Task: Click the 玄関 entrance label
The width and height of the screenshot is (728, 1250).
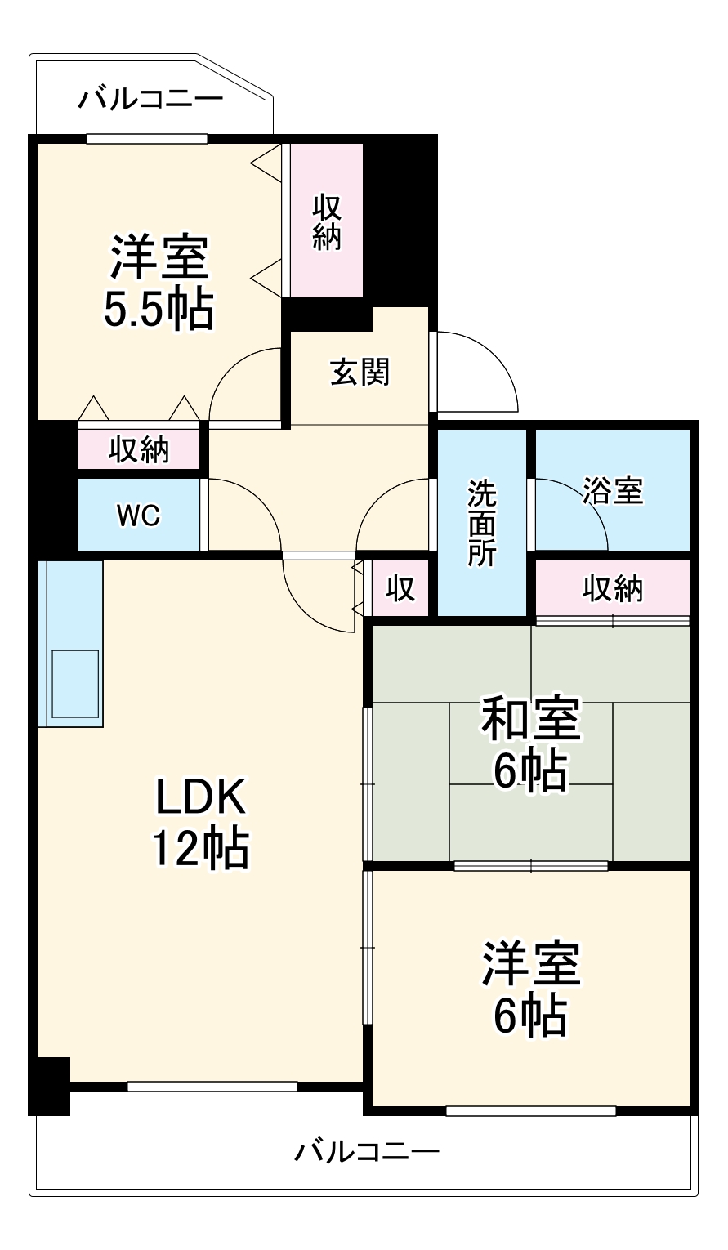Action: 360,373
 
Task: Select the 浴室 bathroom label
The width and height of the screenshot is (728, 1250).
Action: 613,490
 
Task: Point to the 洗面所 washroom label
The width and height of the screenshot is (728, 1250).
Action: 481,523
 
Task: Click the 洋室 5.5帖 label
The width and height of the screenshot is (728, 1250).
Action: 159,282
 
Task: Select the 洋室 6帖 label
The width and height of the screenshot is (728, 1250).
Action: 530,989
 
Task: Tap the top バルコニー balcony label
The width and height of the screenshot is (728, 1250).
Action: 150,100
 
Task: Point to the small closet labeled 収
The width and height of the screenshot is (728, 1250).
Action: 400,589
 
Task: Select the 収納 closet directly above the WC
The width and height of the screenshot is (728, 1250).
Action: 139,449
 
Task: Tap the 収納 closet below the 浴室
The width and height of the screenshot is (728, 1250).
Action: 613,588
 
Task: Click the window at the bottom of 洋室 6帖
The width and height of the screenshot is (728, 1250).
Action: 530,1110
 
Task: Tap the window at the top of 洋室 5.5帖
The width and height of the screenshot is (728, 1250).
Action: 146,138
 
